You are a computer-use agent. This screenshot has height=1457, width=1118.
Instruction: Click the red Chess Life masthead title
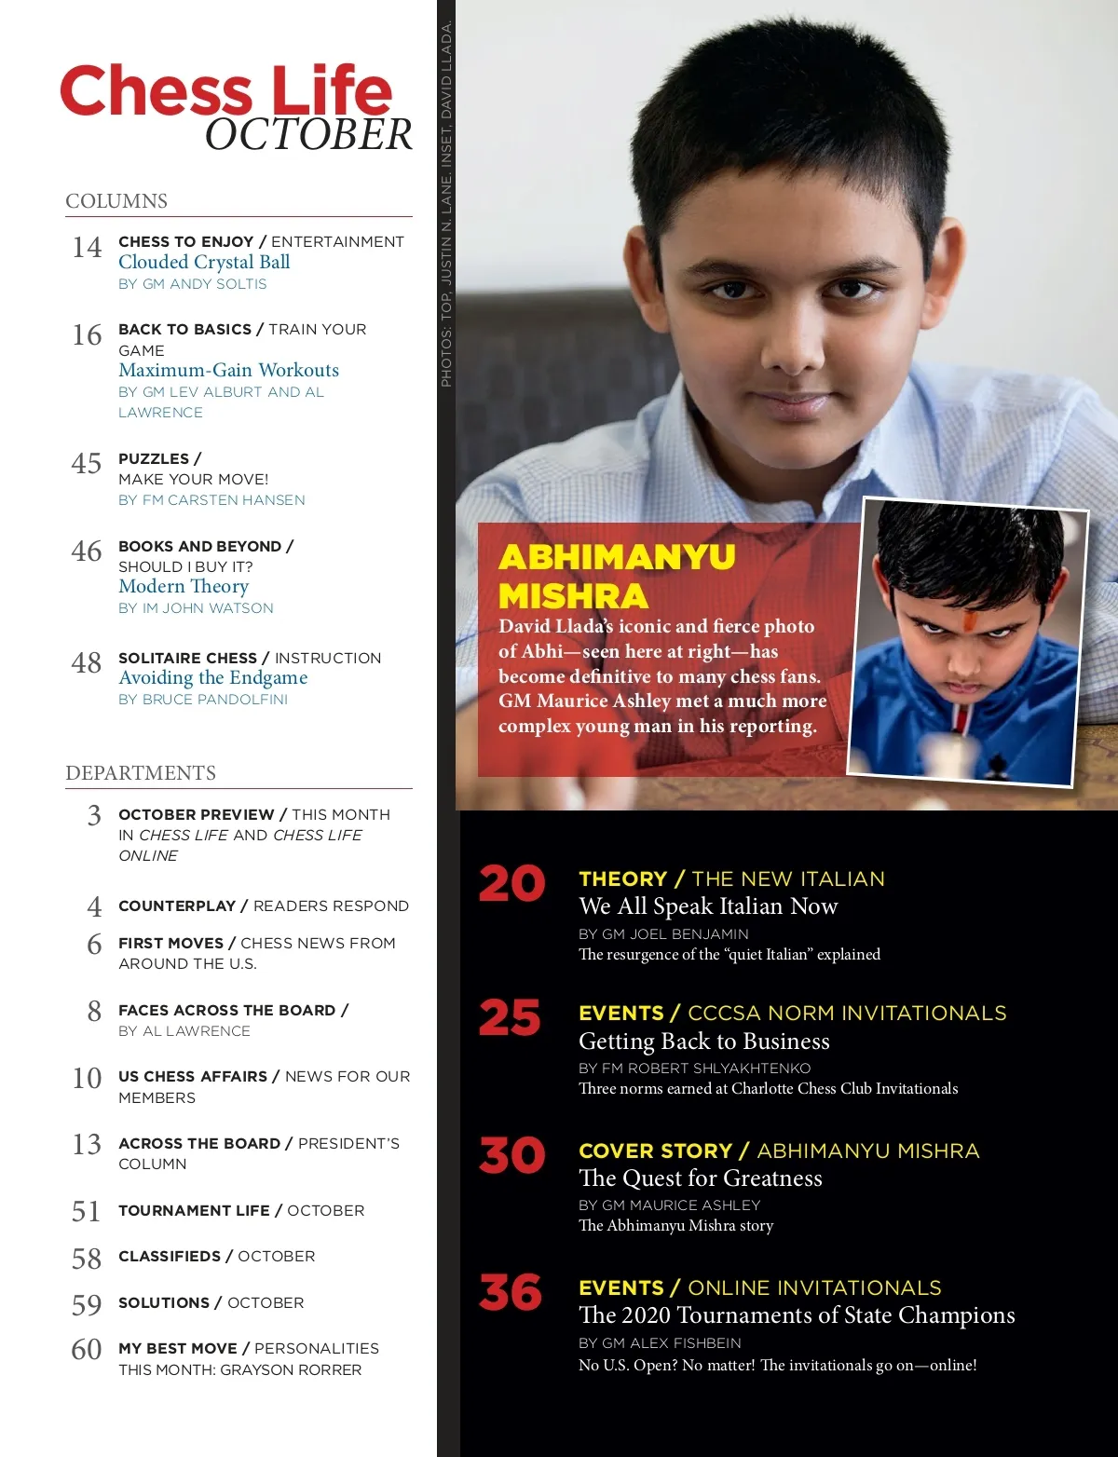tap(225, 91)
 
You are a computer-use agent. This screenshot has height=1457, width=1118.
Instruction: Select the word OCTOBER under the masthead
tap(308, 135)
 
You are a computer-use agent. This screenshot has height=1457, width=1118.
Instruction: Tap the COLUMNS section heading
tap(116, 201)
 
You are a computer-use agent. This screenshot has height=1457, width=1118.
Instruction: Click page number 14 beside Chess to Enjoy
tap(87, 248)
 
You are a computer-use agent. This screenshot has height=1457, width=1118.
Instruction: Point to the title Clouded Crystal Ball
tap(204, 263)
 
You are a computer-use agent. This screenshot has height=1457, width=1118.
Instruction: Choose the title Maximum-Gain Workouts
tap(228, 371)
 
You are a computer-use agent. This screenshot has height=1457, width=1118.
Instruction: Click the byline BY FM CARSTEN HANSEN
tap(211, 500)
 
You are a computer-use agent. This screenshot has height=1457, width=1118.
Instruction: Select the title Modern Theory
tap(184, 587)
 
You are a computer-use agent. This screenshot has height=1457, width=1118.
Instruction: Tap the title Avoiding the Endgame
tap(212, 678)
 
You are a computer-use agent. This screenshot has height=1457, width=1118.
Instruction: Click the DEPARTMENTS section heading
tap(141, 773)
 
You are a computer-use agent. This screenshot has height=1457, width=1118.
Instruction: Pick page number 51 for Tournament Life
tap(86, 1211)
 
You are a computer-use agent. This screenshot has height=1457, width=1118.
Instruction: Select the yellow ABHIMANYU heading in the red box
tap(617, 557)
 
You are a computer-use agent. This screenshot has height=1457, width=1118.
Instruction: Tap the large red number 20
tap(511, 884)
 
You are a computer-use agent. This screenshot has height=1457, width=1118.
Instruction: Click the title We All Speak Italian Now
tap(708, 907)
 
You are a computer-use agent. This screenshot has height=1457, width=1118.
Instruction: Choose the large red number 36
tap(511, 1293)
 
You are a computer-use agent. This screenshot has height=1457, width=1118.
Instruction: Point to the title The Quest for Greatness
tap(700, 1179)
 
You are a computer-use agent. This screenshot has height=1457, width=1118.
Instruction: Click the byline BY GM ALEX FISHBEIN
tap(660, 1343)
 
